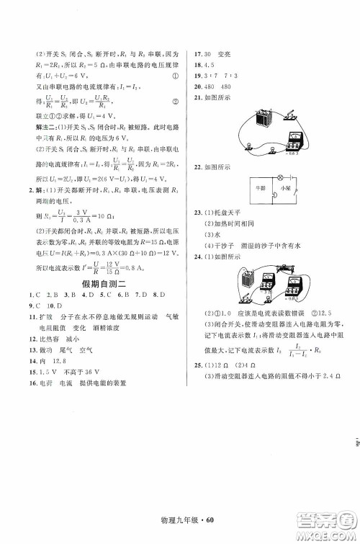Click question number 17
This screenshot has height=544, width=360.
tap(192, 53)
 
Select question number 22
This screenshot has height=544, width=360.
tap(192, 166)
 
